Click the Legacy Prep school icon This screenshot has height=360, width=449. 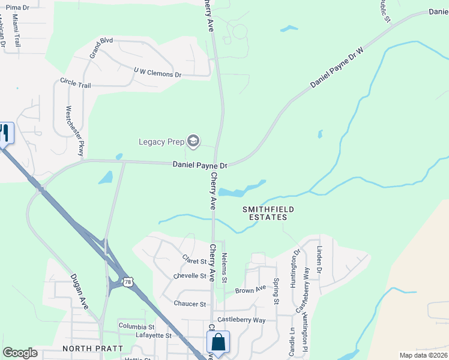click(x=193, y=142)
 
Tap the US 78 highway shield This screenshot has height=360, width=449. click(x=127, y=281)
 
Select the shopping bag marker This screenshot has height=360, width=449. click(x=217, y=343)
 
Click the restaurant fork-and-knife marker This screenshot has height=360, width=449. click(x=5, y=133)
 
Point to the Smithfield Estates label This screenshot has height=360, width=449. click(x=268, y=213)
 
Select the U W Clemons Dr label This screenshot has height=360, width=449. click(x=157, y=74)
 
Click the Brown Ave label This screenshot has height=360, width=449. click(x=250, y=290)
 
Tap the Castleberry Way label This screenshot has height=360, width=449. click(x=241, y=320)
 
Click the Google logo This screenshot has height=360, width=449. click(x=20, y=353)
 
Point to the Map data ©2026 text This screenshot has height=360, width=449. click(x=423, y=355)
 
